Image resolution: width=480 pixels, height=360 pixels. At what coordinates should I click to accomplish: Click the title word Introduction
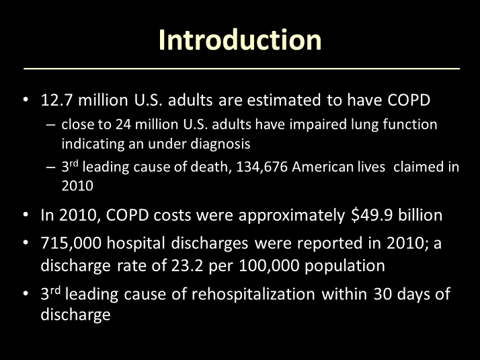pos(240,40)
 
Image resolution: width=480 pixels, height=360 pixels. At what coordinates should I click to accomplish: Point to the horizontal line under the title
pos(242,69)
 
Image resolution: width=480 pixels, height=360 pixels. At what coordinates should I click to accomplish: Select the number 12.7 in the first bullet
pos(57,100)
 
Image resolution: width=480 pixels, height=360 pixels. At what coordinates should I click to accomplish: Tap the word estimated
pos(284,100)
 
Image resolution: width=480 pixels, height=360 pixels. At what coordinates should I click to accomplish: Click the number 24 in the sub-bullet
pos(123,124)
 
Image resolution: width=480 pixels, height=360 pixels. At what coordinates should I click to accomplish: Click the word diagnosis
pos(220,144)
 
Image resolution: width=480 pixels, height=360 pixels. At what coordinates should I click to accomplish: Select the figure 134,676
pos(262,168)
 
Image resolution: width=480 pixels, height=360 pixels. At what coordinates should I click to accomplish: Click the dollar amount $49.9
pos(372,215)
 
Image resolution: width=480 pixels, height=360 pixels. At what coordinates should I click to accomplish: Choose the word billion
pos(420,215)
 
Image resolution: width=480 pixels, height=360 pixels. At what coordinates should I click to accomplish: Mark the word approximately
pos(292,216)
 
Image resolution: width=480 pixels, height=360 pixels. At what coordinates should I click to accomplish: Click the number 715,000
pos(71,243)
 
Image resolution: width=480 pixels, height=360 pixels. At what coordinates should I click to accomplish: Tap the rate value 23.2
pos(187,266)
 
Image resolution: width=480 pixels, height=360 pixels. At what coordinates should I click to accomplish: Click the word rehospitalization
pos(253,294)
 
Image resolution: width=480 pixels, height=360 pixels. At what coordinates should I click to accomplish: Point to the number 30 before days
pos(383,294)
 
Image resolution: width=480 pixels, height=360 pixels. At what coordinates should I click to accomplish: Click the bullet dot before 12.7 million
pos(26,100)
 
